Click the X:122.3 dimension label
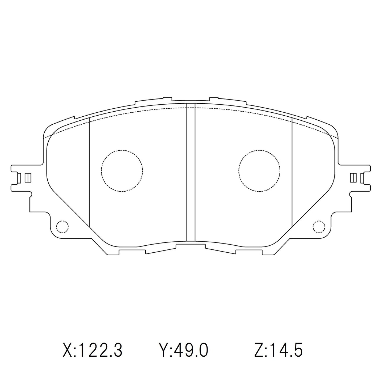pos(92,350)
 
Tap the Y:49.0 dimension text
pos(183,350)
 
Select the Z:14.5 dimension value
pos(278,350)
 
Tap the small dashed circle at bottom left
pos(62,226)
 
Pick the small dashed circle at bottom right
pos(319,226)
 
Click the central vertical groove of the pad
pos(190,173)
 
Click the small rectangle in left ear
pos(28,178)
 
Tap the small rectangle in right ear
pos(353,178)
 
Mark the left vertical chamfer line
pos(89,173)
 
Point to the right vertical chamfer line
pos(292,173)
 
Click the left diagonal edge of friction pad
pos(69,207)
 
